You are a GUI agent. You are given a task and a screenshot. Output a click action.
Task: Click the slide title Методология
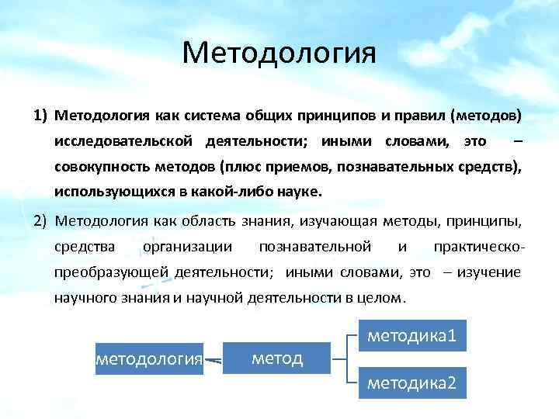(x=279, y=54)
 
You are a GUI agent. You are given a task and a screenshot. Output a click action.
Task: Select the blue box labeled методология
(x=149, y=358)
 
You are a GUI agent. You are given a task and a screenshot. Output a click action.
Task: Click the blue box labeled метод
(x=277, y=357)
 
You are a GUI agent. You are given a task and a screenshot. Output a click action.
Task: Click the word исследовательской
(x=124, y=141)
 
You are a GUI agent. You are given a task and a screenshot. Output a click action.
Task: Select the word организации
(x=187, y=247)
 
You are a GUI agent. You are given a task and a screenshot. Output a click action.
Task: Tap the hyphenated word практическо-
(x=481, y=247)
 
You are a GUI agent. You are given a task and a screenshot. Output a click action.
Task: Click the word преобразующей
(x=103, y=272)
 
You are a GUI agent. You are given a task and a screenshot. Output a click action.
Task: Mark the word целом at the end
(x=383, y=297)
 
